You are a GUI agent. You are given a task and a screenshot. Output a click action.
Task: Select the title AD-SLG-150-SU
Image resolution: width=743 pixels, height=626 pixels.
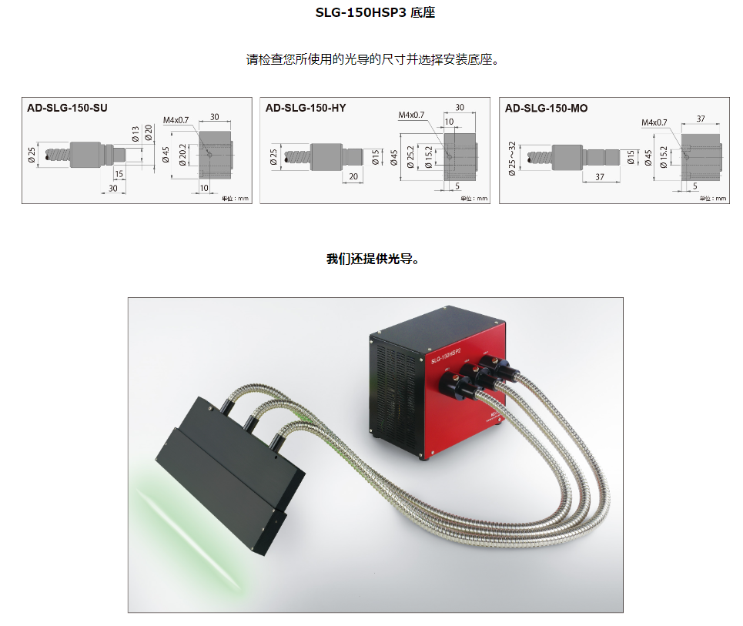tap(67, 109)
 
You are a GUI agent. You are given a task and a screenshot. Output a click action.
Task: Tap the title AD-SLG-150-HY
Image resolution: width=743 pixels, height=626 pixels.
tap(306, 109)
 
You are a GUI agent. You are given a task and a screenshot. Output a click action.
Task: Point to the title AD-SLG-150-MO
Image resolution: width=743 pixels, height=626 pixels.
tap(546, 109)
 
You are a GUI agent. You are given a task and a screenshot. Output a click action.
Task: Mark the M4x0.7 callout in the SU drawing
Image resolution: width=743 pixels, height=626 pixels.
tap(176, 120)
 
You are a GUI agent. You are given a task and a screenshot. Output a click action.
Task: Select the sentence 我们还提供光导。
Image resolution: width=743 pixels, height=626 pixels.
tap(372, 259)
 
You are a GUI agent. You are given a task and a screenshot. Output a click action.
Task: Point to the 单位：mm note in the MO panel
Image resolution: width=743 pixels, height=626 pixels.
tap(712, 199)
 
